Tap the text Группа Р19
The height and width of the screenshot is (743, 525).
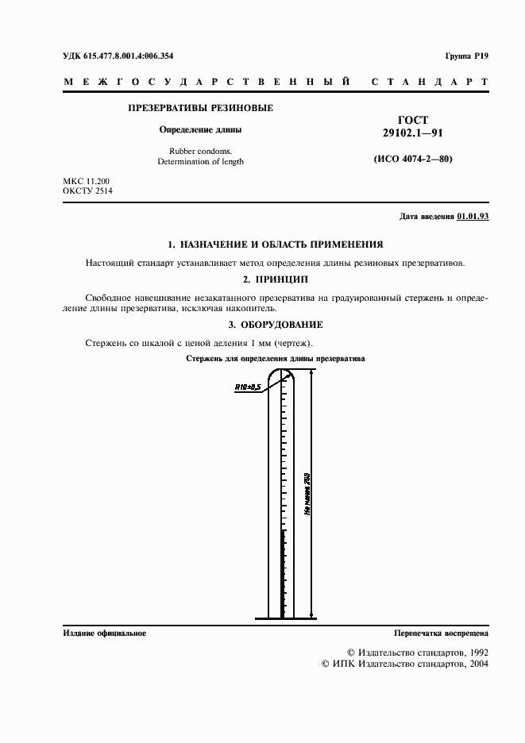pos(466,56)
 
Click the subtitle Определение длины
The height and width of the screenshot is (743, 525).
pos(200,129)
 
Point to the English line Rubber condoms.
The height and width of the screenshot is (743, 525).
pos(200,150)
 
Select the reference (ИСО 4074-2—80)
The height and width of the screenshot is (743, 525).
pos(412,159)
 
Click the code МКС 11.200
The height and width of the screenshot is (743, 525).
pos(87,181)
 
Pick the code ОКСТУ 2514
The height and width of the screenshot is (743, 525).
pos(87,191)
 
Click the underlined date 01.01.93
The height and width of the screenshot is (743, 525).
pos(473,217)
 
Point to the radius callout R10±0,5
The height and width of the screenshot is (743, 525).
pos(248,387)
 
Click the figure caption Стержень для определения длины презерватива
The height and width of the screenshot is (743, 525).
pos(275,359)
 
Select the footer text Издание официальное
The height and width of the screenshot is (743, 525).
pos(104,633)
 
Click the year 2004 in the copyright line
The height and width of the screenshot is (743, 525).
pos(477,663)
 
